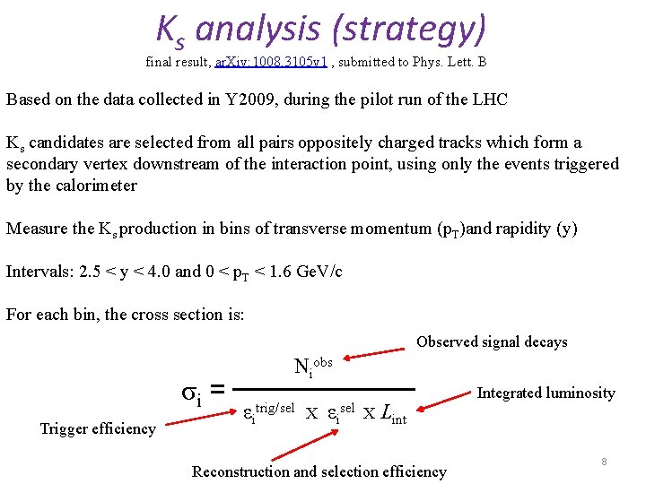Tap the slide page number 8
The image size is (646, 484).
[604, 462]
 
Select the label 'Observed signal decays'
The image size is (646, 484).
[492, 341]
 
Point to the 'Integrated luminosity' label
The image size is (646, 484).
[546, 393]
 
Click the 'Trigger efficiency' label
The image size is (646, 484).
[98, 428]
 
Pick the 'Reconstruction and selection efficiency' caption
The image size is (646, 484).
[319, 471]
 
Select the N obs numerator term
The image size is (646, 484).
[311, 366]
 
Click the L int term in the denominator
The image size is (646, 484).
[392, 414]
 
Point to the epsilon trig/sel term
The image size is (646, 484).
[268, 412]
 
